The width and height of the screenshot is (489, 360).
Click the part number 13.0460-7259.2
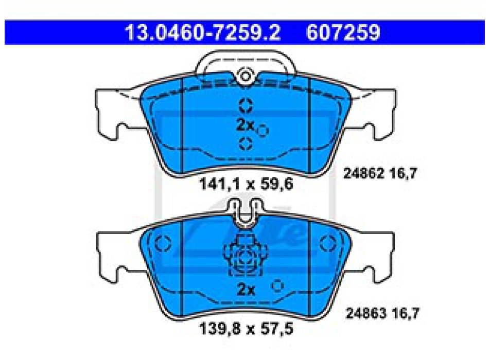203,32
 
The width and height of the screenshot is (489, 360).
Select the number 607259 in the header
343,32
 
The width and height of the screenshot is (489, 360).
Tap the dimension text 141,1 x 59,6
246,184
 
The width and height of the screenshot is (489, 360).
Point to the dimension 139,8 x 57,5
246,329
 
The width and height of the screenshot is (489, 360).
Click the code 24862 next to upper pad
363,173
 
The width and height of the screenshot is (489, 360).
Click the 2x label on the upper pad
245,125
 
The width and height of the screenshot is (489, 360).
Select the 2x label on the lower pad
246,290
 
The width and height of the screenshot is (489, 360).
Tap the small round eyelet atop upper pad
246,76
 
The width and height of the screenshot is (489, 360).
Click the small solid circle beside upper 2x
263,131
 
